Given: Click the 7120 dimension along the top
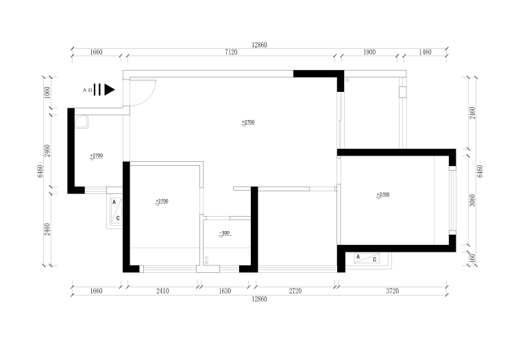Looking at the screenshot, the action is click(x=231, y=52).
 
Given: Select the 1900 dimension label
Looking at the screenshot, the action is click(x=369, y=52).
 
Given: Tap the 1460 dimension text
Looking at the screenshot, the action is click(x=425, y=52).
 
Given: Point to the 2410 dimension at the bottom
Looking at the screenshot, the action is click(x=162, y=291).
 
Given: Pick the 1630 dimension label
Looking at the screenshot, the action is click(x=225, y=291).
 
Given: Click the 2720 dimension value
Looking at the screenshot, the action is click(x=295, y=291).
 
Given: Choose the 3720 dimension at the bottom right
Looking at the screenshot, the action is click(x=393, y=291).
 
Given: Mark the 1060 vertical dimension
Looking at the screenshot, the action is click(x=47, y=93).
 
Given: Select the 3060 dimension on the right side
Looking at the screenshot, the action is click(x=472, y=200).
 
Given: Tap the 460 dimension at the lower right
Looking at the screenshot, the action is click(x=472, y=259).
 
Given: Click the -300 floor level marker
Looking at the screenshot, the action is click(x=225, y=233).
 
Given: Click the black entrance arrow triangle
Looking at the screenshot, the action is click(x=110, y=90).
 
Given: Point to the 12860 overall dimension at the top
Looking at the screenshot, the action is click(x=259, y=45).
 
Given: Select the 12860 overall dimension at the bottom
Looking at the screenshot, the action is click(x=259, y=299).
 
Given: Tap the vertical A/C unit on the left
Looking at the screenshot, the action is click(x=116, y=211).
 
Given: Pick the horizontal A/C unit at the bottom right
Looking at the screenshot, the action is click(x=367, y=258).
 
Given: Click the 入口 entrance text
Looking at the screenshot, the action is click(x=87, y=90).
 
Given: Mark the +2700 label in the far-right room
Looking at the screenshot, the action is click(x=383, y=195).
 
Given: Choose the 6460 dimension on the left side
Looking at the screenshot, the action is click(x=40, y=171).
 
